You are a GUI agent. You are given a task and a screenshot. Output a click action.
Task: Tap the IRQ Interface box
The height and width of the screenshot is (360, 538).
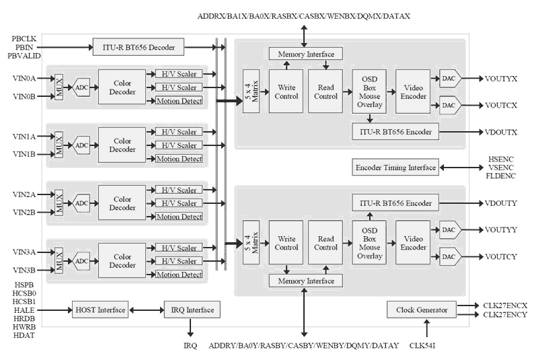pos(191,310)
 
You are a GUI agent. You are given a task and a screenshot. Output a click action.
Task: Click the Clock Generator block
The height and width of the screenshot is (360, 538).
pos(422,310)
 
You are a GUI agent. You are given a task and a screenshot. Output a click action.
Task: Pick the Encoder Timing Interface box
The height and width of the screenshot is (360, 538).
pos(395,168)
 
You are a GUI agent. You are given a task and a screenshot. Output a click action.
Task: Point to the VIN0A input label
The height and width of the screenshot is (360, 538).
pos(24,79)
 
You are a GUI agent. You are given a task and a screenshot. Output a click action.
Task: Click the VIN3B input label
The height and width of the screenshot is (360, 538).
pos(24,271)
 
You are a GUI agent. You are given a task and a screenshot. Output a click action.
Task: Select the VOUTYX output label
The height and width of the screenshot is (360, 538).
pos(501,79)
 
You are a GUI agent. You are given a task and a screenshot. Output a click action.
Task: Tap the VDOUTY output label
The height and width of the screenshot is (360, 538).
pos(501,203)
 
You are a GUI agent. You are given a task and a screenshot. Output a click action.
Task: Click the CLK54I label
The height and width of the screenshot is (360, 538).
pos(426,346)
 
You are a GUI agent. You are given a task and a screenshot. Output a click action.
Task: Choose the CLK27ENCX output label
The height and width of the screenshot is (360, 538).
pos(504,305)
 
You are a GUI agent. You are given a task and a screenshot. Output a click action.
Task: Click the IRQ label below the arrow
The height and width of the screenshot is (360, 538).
pos(191,345)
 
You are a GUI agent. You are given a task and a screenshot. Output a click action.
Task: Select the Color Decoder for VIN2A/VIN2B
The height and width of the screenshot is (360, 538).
pos(122,203)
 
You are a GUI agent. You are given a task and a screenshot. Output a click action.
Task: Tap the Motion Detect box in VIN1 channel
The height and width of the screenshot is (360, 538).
pos(178,159)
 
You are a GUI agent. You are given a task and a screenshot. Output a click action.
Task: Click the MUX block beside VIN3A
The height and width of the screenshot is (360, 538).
pos(59,261)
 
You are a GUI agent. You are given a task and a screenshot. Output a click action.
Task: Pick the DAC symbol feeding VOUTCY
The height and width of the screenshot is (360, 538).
pos(449,257)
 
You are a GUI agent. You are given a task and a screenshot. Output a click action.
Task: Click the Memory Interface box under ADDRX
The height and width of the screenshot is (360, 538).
pos(305,54)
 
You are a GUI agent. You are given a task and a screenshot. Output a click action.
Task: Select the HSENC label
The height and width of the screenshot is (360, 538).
pos(501,159)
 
